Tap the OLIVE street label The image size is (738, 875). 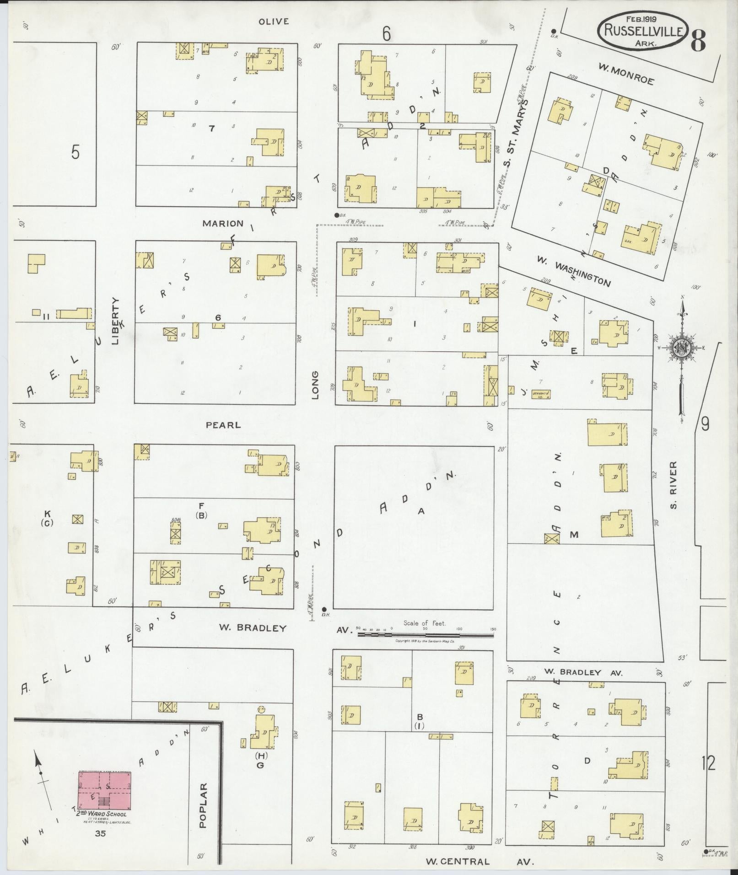274,21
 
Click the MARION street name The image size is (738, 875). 223,223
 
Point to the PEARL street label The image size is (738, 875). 223,425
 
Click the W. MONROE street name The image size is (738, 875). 626,74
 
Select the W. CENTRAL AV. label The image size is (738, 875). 479,862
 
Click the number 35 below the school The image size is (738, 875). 100,833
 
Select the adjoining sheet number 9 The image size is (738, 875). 705,424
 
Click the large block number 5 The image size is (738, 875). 75,152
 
